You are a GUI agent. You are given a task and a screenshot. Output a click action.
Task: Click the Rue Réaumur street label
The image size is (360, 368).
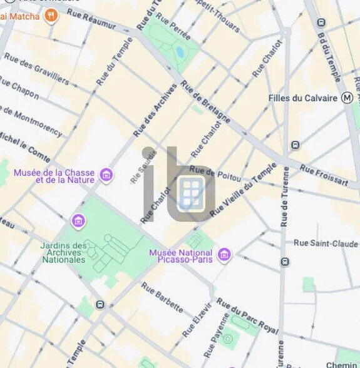[91, 19]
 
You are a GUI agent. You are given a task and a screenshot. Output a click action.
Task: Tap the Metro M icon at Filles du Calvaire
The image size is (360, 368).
[347, 98]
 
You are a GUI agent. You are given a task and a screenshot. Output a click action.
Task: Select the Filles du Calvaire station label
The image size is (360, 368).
[304, 98]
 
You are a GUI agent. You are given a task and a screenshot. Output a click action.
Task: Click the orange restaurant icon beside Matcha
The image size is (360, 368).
[51, 16]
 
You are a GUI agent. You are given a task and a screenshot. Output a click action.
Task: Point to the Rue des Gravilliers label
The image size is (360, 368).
[36, 69]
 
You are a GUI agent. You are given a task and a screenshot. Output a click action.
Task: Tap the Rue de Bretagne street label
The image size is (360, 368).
[205, 102]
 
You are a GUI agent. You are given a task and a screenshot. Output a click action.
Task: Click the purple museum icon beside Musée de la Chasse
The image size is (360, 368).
[107, 175]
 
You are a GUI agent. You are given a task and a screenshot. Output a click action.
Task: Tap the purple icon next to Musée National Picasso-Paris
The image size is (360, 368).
[224, 255]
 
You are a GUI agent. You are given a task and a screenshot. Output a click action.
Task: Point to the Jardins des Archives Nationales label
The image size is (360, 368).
[63, 252]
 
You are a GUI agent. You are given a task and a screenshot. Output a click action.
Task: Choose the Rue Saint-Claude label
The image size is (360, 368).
[326, 243]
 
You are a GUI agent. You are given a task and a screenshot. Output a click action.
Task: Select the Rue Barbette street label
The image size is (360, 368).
[162, 297]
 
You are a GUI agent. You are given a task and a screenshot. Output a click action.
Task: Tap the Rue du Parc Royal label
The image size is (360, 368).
[247, 315]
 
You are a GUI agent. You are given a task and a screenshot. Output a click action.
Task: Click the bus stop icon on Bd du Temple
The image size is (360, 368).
[322, 23]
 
